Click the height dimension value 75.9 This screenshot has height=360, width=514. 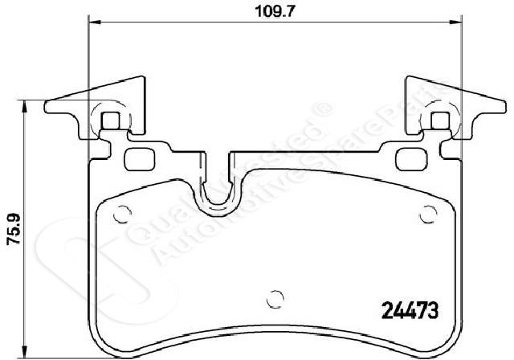coord(14,229)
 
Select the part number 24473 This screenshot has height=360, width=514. coord(410,310)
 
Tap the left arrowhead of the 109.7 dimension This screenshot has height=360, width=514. coord(95,22)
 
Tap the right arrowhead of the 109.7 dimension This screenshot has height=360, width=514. coord(455,22)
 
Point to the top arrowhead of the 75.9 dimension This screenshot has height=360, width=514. coord(23,106)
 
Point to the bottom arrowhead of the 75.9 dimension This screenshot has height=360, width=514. coord(23,352)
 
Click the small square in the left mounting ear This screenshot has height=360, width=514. coord(111,121)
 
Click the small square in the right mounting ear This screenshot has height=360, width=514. coord(440,121)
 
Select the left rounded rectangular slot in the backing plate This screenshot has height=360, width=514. coord(140,159)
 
